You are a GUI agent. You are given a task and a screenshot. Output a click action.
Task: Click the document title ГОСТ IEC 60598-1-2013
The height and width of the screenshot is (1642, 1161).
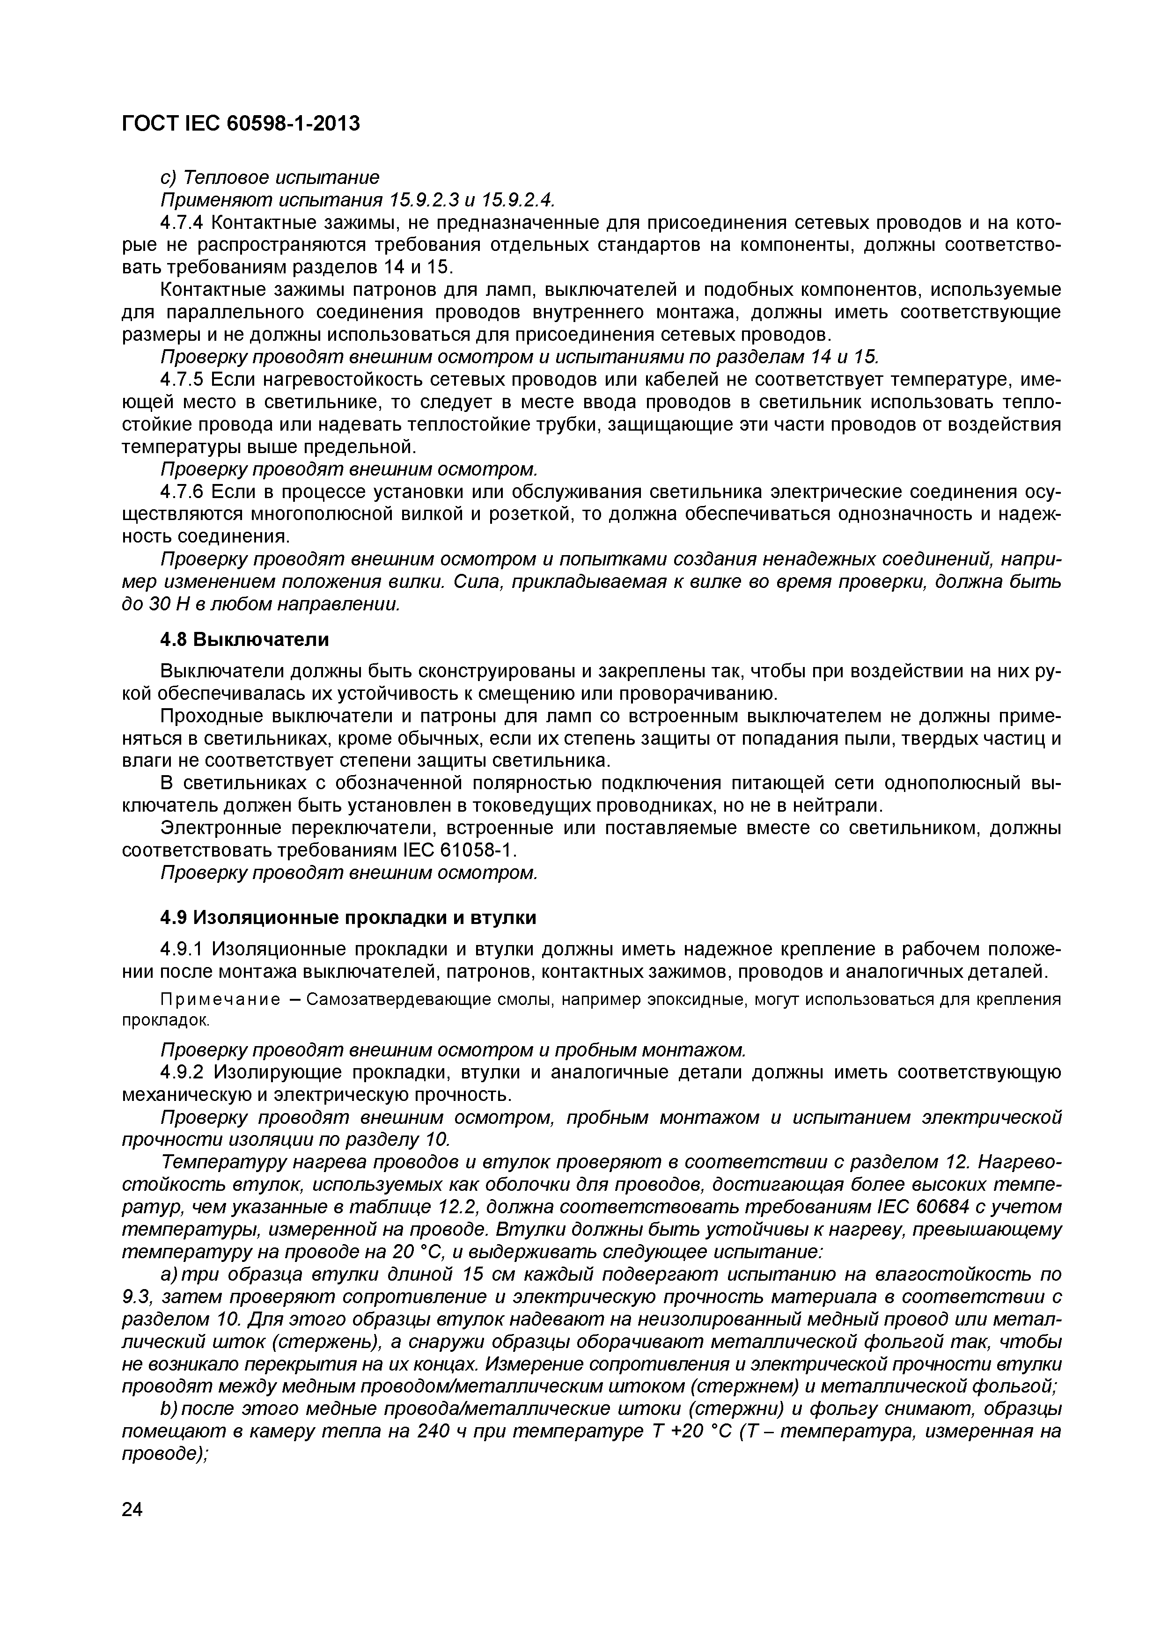point(240,124)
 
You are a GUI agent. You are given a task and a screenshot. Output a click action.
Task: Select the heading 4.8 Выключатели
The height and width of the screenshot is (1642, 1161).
point(244,639)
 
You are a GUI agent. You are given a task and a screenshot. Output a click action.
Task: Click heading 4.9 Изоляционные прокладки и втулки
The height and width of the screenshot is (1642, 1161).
point(348,917)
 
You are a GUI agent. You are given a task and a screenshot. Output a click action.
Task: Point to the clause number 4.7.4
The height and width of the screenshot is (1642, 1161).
point(183,222)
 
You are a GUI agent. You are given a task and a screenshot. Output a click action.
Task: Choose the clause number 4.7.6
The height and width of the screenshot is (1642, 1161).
point(183,492)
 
